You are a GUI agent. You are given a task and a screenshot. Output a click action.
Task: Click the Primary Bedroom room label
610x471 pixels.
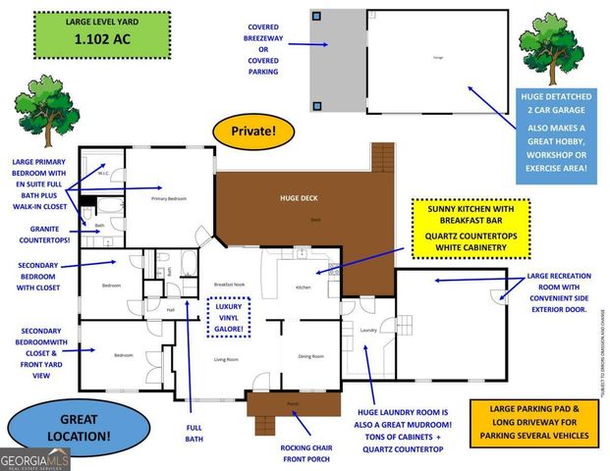(x=168, y=199)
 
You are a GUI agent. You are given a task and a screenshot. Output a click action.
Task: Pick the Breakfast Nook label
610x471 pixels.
(x=228, y=285)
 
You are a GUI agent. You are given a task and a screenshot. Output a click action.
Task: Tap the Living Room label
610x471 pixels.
(x=227, y=359)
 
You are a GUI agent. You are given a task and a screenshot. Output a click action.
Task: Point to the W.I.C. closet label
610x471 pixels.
(x=101, y=175)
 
